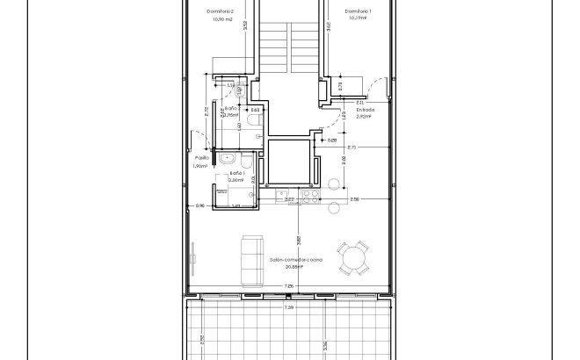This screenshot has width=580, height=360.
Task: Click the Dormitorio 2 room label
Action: pos(220,11)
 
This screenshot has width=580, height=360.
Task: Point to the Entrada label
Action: pos(366,110)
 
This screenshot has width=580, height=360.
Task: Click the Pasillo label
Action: pos(200,158)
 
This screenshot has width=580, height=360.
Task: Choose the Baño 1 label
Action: pos(236,173)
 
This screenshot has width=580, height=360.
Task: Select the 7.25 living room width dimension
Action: pos(288,287)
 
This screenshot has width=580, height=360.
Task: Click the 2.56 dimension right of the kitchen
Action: pos(354,199)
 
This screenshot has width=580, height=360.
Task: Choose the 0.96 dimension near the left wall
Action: pos(199,205)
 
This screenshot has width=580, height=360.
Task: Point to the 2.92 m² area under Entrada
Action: pos(366,117)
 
